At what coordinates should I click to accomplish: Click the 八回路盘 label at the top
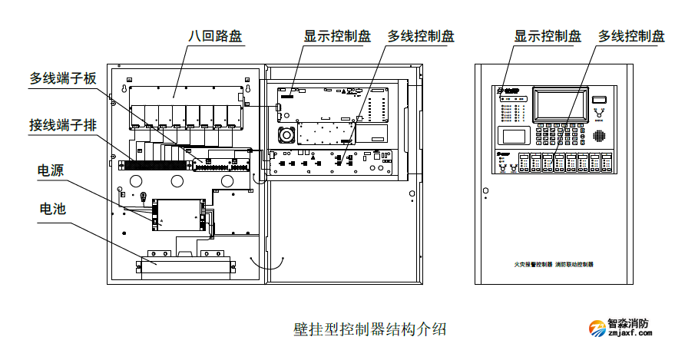point(216,36)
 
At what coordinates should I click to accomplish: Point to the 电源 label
point(51,170)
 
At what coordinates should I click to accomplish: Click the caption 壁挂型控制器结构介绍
point(369,329)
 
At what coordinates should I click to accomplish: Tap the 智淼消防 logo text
point(628,323)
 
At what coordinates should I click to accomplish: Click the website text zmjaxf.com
point(629,335)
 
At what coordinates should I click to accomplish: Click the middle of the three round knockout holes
point(177,181)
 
